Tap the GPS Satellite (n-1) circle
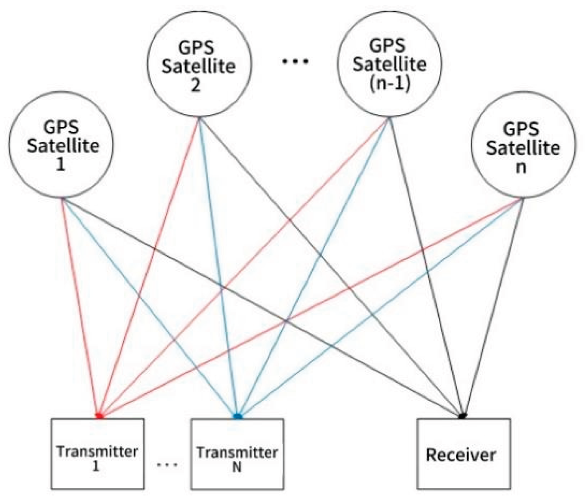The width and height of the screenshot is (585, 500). (389, 65)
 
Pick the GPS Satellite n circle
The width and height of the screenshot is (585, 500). (523, 148)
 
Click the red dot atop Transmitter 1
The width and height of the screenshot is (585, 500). (100, 415)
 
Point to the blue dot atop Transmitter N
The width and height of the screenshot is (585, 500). (238, 416)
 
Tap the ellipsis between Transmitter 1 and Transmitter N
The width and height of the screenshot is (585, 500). (167, 465)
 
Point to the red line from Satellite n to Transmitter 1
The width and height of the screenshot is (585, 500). (315, 307)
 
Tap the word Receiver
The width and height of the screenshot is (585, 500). (461, 455)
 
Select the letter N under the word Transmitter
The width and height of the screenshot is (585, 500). (237, 468)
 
